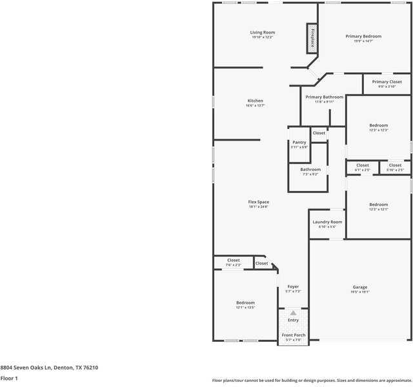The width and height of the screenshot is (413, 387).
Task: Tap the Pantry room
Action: tap(299, 144)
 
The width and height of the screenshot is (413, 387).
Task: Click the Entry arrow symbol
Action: tap(293, 313)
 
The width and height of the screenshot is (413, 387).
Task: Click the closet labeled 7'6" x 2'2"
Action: tap(233, 261)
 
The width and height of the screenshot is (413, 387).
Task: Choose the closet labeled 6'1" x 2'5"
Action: tap(363, 166)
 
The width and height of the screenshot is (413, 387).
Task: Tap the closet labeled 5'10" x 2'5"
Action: tap(394, 166)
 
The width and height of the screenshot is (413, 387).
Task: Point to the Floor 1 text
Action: tap(9, 378)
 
